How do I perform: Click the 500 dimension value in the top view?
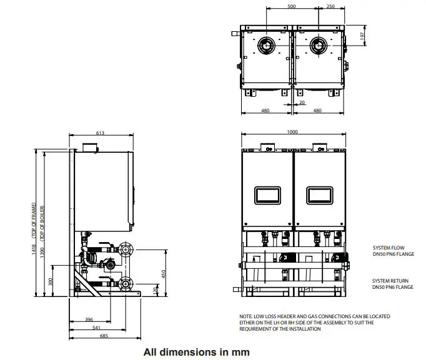click(x=292, y=6)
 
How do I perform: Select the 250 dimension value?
click(x=330, y=6)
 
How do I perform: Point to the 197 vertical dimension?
click(x=362, y=36)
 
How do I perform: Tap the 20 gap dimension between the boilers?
click(x=302, y=102)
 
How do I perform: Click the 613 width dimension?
click(x=100, y=133)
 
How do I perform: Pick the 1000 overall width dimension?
click(x=292, y=132)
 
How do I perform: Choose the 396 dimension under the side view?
click(x=89, y=319)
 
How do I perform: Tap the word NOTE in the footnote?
click(x=247, y=316)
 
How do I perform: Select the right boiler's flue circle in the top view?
click(x=319, y=46)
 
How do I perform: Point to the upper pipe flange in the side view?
click(x=126, y=250)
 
